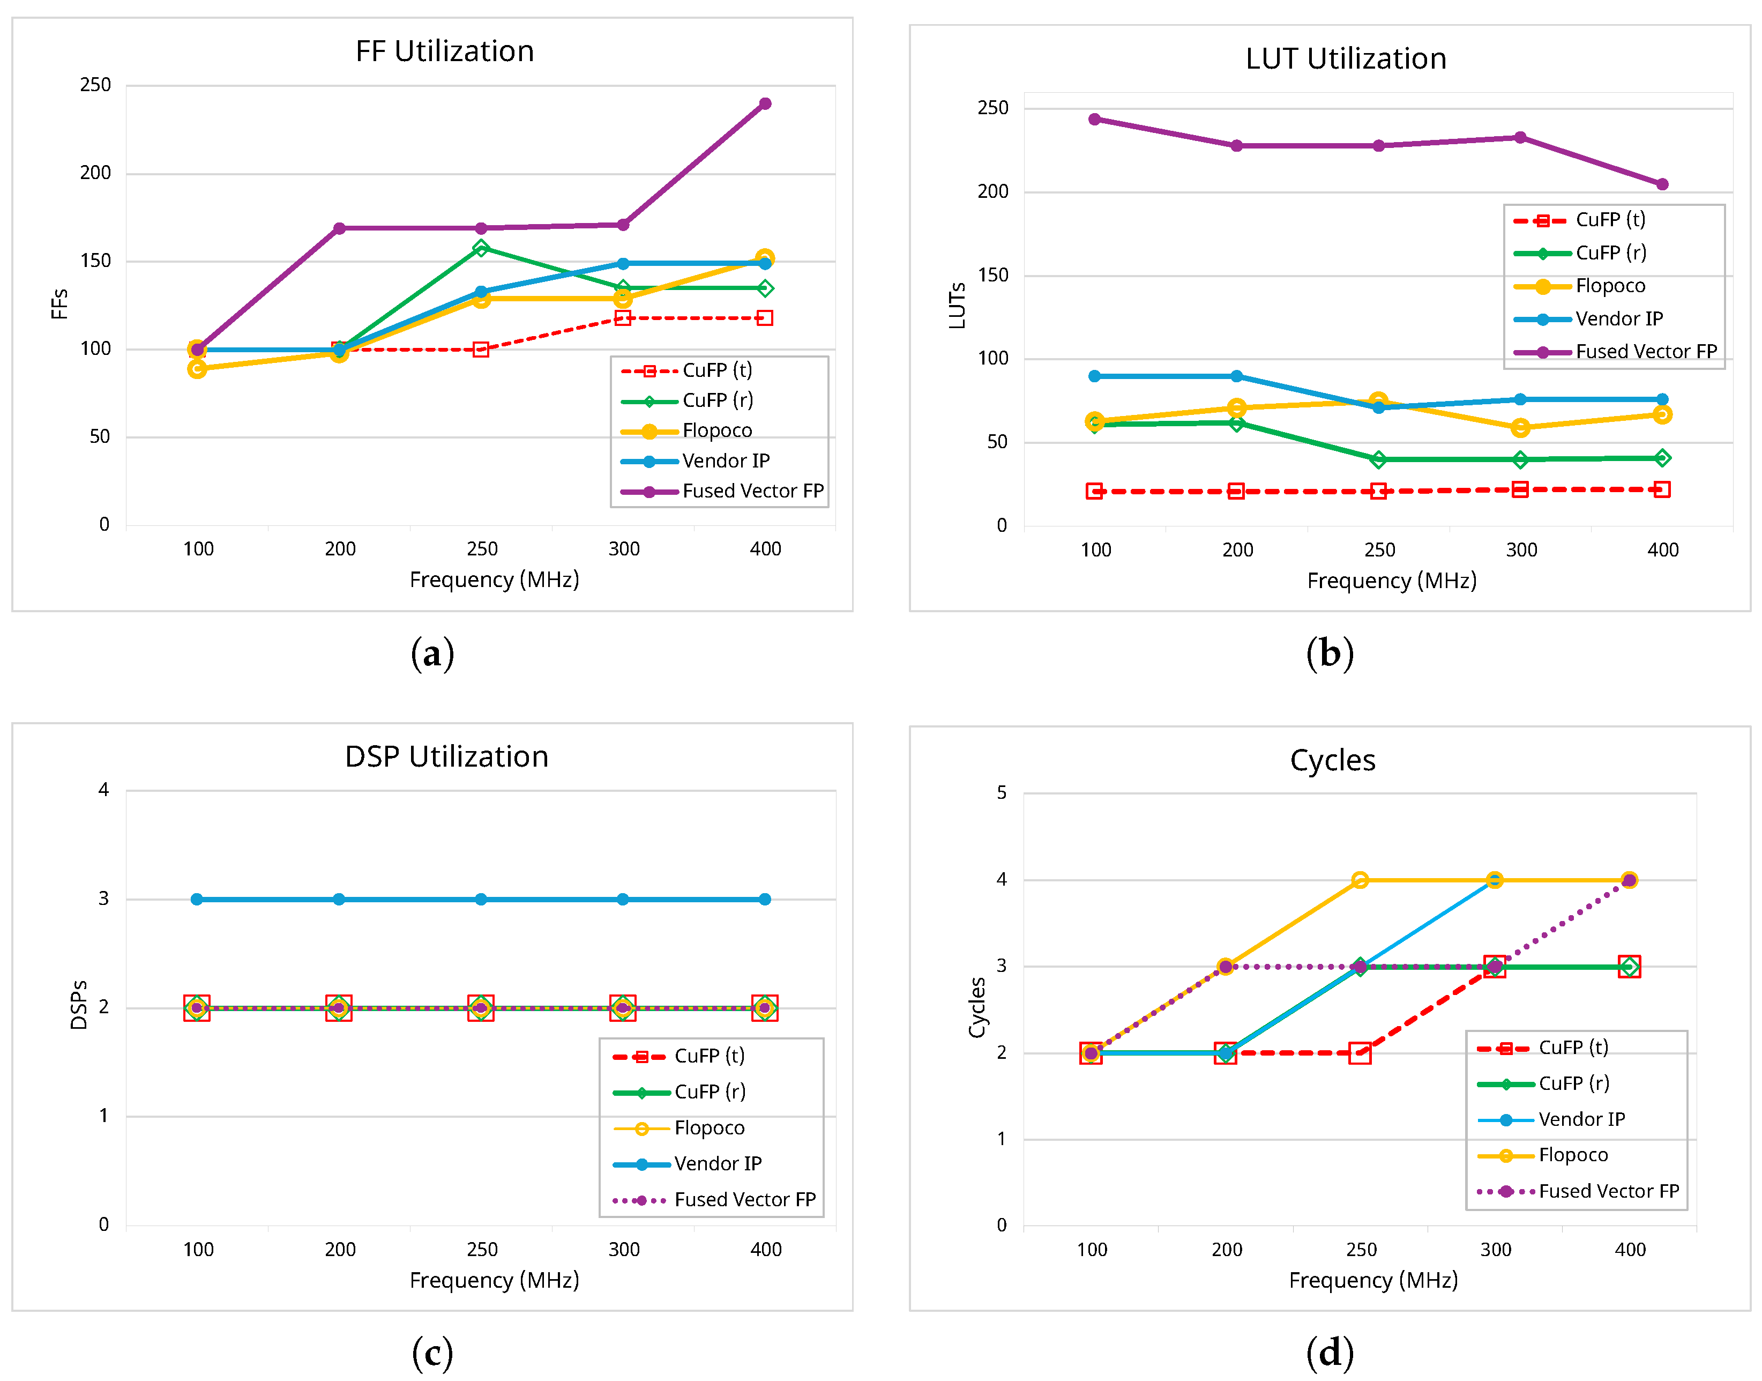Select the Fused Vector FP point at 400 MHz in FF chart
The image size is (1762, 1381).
(765, 103)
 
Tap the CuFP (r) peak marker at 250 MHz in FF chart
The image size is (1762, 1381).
(481, 248)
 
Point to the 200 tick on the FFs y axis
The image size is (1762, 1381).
(95, 173)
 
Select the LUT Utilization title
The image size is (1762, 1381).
(1345, 59)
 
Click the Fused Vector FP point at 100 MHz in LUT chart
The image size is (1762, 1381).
(1094, 120)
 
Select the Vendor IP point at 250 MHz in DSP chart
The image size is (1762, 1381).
(481, 899)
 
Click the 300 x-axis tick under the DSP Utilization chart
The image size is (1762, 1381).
(623, 1249)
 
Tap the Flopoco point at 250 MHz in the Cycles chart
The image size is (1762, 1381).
(1360, 880)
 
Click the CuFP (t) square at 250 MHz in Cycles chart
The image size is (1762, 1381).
(1360, 1053)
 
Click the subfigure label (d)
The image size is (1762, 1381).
(1330, 1353)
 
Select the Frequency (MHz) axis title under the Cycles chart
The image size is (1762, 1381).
(1372, 1280)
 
